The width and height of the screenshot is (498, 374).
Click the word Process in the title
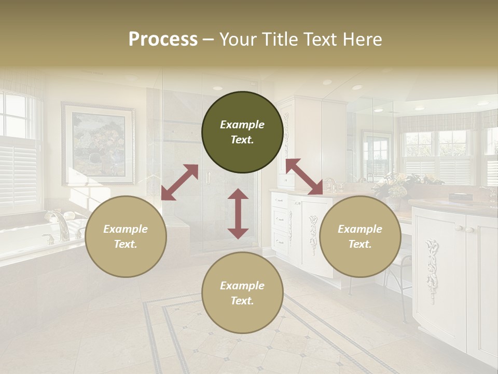[163, 39]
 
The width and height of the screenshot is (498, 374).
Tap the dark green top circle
[242, 132]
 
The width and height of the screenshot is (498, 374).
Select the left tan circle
[126, 236]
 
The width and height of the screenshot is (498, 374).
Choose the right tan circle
[360, 236]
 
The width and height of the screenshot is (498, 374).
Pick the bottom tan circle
[242, 293]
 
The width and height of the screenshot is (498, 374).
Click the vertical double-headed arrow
[238, 213]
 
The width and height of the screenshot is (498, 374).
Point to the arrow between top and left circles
[179, 182]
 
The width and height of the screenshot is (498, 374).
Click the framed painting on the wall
[98, 143]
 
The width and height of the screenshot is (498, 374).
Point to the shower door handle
[208, 178]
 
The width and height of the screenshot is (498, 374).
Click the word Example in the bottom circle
[242, 285]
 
